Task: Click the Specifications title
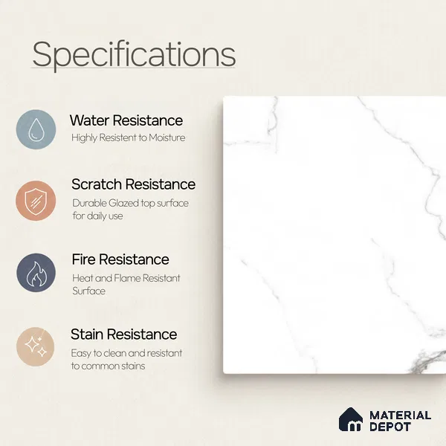click(134, 54)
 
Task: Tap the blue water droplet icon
click(36, 129)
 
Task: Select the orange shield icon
click(36, 201)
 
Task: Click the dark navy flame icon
click(36, 273)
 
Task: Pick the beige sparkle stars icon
click(35, 346)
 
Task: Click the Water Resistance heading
click(126, 120)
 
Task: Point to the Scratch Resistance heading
click(133, 184)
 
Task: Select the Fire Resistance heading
click(120, 259)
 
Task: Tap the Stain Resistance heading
click(123, 334)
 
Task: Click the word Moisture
click(167, 138)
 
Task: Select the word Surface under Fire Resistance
click(88, 291)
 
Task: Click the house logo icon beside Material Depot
click(351, 419)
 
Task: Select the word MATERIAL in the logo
click(401, 416)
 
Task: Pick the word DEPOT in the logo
click(390, 427)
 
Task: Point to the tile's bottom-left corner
click(224, 373)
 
